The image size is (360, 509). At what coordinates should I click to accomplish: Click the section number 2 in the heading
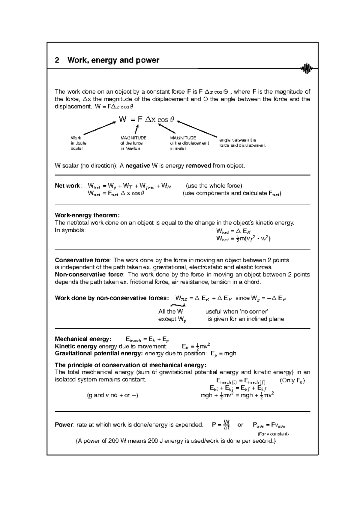(57, 60)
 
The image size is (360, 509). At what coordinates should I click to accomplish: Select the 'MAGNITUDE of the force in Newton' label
(133, 143)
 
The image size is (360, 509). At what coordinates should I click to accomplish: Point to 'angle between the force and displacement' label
(242, 143)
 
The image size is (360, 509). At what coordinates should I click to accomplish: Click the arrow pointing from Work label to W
(100, 128)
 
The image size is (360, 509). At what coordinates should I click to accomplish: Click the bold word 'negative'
(138, 166)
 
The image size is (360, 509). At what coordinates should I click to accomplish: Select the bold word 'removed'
(199, 166)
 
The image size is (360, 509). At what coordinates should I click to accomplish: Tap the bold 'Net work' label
(67, 186)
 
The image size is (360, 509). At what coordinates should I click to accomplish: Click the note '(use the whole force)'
(214, 186)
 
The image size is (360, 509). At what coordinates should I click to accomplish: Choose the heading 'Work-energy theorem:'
(87, 215)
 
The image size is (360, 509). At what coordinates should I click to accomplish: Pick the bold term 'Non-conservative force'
(89, 275)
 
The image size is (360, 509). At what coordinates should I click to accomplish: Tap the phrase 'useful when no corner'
(237, 312)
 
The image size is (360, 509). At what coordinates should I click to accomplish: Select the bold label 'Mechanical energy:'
(83, 339)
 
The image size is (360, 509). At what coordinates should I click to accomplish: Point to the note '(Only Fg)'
(292, 381)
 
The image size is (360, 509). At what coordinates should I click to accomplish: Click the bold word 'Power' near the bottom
(64, 425)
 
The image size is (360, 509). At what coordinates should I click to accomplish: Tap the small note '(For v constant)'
(273, 434)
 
